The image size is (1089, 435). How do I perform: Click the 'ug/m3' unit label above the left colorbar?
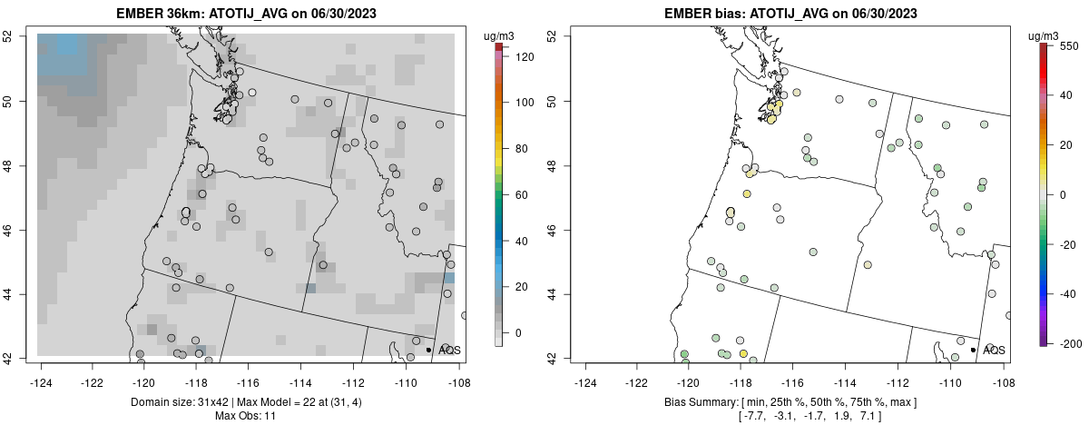(x=500, y=35)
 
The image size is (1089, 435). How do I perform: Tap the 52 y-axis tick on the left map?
(x=19, y=36)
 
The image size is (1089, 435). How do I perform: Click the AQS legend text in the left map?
(x=449, y=350)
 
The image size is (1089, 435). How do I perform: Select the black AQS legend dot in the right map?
(x=973, y=350)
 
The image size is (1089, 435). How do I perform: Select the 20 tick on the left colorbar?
(x=523, y=287)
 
